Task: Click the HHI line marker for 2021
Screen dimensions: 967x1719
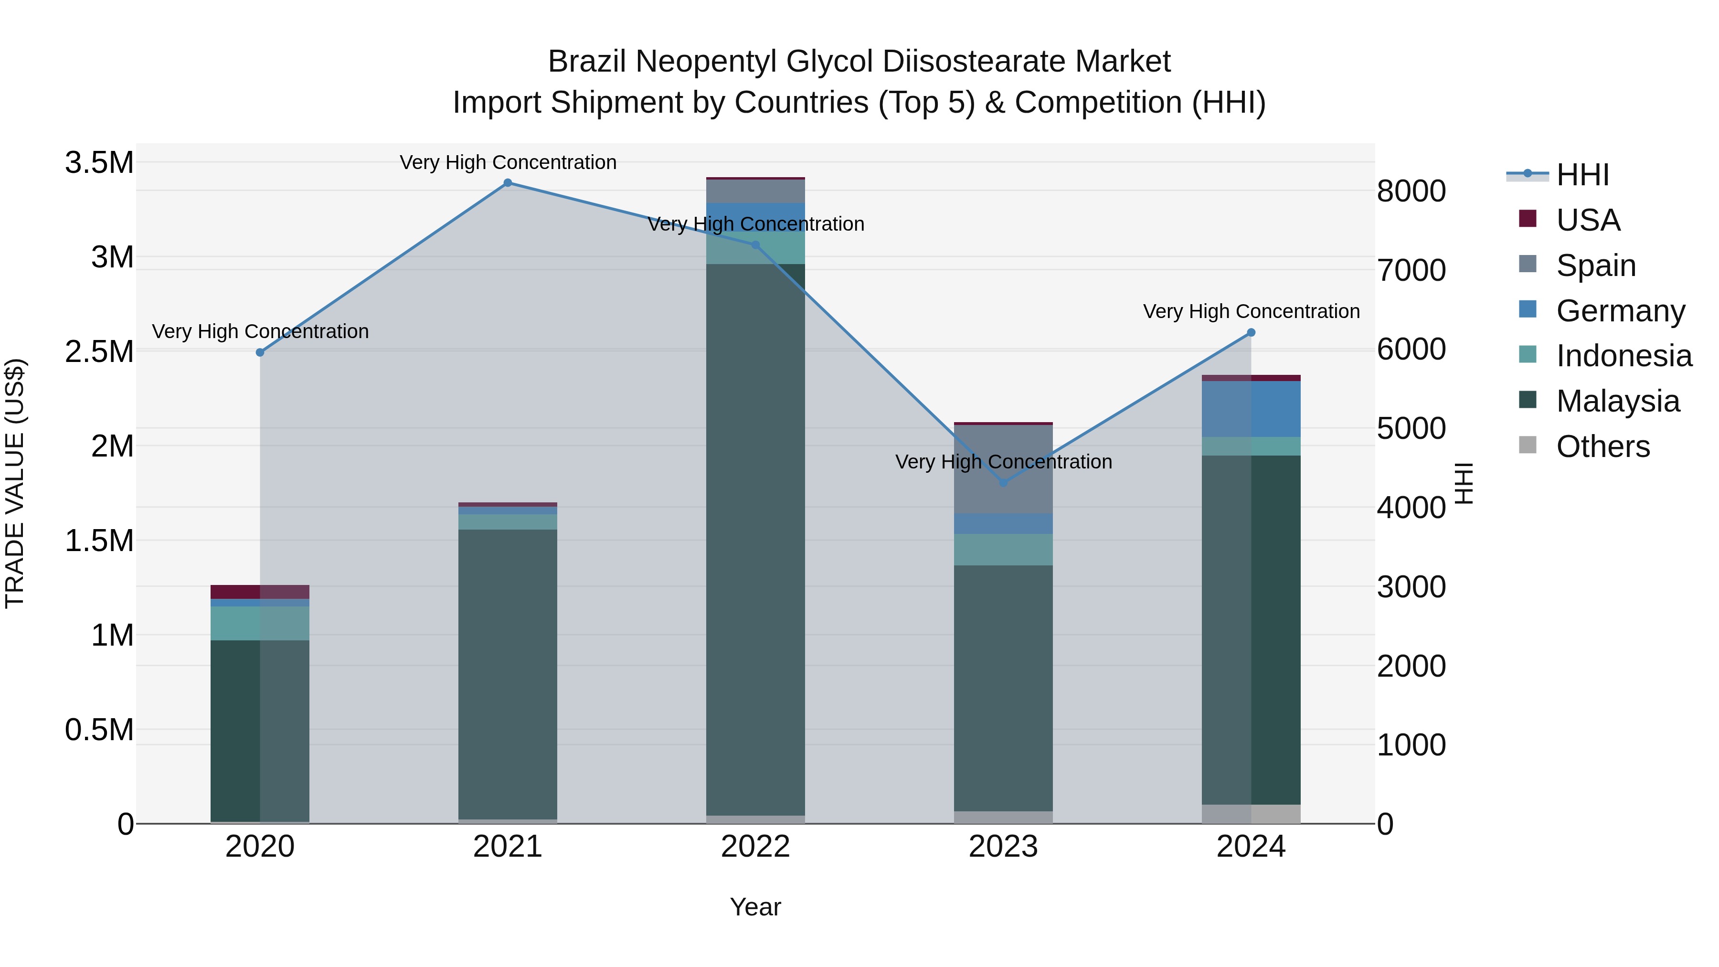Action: (508, 183)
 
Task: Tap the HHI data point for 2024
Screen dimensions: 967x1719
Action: (1251, 332)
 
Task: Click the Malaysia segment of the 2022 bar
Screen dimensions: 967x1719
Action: (755, 541)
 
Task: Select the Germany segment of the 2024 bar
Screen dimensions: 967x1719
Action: (1251, 409)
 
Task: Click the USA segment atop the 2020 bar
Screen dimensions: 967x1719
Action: (260, 592)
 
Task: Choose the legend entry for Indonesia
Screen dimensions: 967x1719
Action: (1623, 356)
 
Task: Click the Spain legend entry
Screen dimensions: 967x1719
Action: (1595, 266)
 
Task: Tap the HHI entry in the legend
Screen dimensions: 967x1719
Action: (1581, 175)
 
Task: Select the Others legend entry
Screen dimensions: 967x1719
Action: (1602, 446)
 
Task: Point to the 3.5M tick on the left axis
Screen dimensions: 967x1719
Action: (99, 163)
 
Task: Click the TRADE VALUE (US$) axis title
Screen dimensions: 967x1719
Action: (15, 483)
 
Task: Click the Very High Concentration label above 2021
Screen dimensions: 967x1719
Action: (508, 162)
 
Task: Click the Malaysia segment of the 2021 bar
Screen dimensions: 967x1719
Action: (508, 674)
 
